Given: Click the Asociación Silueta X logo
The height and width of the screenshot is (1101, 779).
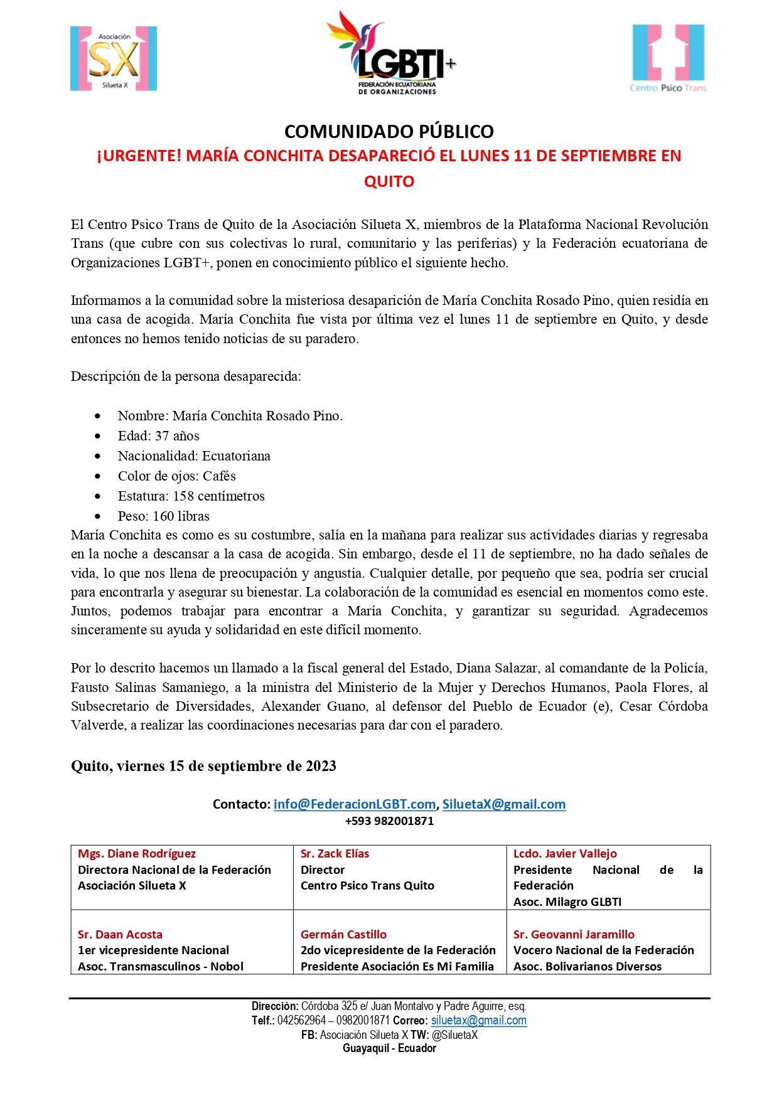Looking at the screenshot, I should click(x=114, y=59).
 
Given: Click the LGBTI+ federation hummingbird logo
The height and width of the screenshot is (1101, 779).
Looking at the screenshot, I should click(x=391, y=53).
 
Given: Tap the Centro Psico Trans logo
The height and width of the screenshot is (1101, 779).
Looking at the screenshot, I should click(x=668, y=58).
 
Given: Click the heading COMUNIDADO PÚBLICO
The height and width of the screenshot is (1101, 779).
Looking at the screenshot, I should click(x=389, y=132).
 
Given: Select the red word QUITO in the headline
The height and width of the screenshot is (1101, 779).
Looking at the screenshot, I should click(x=389, y=182).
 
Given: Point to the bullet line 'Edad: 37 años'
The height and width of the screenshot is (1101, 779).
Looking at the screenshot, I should click(x=158, y=436).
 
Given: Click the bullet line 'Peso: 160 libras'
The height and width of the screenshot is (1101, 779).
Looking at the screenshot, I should click(x=163, y=516).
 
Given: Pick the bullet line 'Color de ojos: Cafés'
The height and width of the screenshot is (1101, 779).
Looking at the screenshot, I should click(x=176, y=476).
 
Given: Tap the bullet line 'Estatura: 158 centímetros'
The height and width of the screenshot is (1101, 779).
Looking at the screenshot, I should click(x=191, y=496).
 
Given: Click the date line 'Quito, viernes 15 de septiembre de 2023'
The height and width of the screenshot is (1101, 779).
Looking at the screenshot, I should click(x=203, y=766).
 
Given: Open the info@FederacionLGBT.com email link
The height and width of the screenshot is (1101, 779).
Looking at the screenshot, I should click(x=355, y=804).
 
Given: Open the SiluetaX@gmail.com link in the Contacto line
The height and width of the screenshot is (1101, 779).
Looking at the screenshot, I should click(x=504, y=804).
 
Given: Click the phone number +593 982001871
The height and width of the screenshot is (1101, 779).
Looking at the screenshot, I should click(x=389, y=821).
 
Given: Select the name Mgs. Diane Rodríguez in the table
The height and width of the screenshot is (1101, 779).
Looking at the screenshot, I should click(x=137, y=854).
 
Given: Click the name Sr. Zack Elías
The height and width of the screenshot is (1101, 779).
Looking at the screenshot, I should click(x=335, y=854).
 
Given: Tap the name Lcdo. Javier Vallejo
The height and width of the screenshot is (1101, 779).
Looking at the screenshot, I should click(x=565, y=854).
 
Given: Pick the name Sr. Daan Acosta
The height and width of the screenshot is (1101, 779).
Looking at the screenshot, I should click(x=120, y=935).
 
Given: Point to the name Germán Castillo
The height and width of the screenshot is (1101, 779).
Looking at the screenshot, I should click(x=343, y=935).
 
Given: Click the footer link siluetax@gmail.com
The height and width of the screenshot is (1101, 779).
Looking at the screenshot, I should click(x=479, y=1021).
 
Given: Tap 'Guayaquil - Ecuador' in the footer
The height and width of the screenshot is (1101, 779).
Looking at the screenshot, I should click(x=389, y=1048).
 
